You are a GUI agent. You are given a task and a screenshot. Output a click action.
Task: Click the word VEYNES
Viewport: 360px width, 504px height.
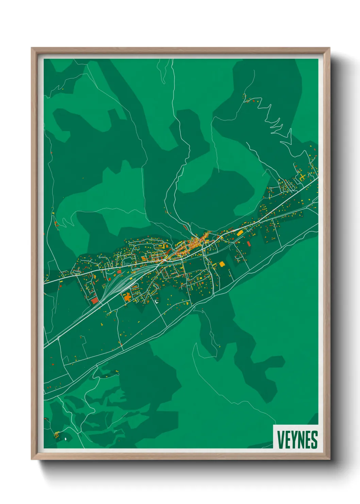tap(297, 440)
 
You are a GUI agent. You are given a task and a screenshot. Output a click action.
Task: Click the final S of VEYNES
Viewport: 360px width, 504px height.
tap(314, 440)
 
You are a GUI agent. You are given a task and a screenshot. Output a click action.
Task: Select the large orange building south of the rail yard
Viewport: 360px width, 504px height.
tap(127, 297)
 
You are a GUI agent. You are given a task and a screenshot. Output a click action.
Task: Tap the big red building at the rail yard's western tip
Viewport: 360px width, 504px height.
tap(95, 301)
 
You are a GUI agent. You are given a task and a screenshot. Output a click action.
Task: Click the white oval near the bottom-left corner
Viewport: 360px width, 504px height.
tap(65, 439)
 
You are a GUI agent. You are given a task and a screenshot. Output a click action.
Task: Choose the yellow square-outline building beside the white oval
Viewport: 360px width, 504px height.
tap(56, 434)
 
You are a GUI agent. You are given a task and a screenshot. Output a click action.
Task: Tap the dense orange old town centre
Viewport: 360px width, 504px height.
tap(194, 243)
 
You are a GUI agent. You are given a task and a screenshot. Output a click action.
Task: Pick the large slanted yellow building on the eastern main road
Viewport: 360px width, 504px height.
tap(240, 233)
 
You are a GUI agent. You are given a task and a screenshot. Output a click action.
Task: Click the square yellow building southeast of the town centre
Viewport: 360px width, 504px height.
tap(222, 264)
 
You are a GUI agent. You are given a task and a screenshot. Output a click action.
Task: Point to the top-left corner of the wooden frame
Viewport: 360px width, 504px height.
tap(32, 48)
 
